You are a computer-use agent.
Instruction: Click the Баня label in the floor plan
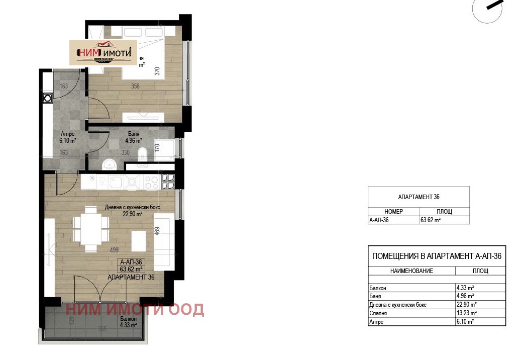coord(134,134)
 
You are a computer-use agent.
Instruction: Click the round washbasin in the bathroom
coord(109,163)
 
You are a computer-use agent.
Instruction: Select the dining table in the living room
coord(91,229)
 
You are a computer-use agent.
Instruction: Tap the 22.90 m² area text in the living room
coord(131,214)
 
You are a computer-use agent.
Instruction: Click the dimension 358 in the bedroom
coord(135,86)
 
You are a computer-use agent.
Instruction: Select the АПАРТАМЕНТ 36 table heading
coord(418,197)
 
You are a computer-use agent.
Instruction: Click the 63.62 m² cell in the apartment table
coord(431,220)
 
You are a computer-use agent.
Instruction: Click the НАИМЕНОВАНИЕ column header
coord(411,271)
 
